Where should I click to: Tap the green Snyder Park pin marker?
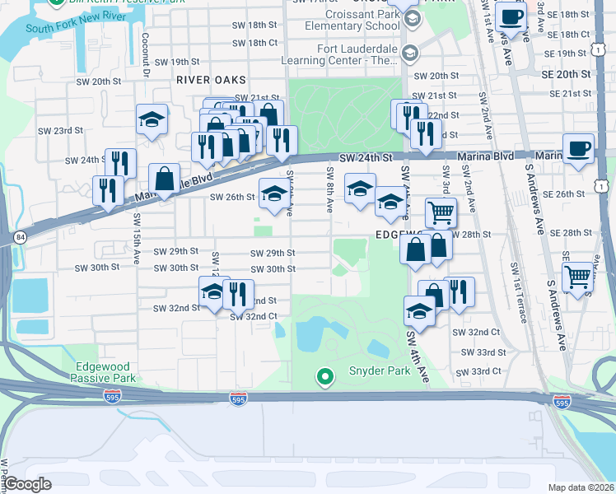coord(325,377)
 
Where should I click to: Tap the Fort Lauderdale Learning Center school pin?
coord(408,54)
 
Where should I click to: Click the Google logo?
coord(28,484)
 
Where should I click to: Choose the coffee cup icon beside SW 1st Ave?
coord(511,17)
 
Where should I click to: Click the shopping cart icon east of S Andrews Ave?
coord(580,277)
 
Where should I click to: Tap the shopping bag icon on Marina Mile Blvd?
coord(164,178)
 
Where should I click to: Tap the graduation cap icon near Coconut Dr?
coord(152,119)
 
